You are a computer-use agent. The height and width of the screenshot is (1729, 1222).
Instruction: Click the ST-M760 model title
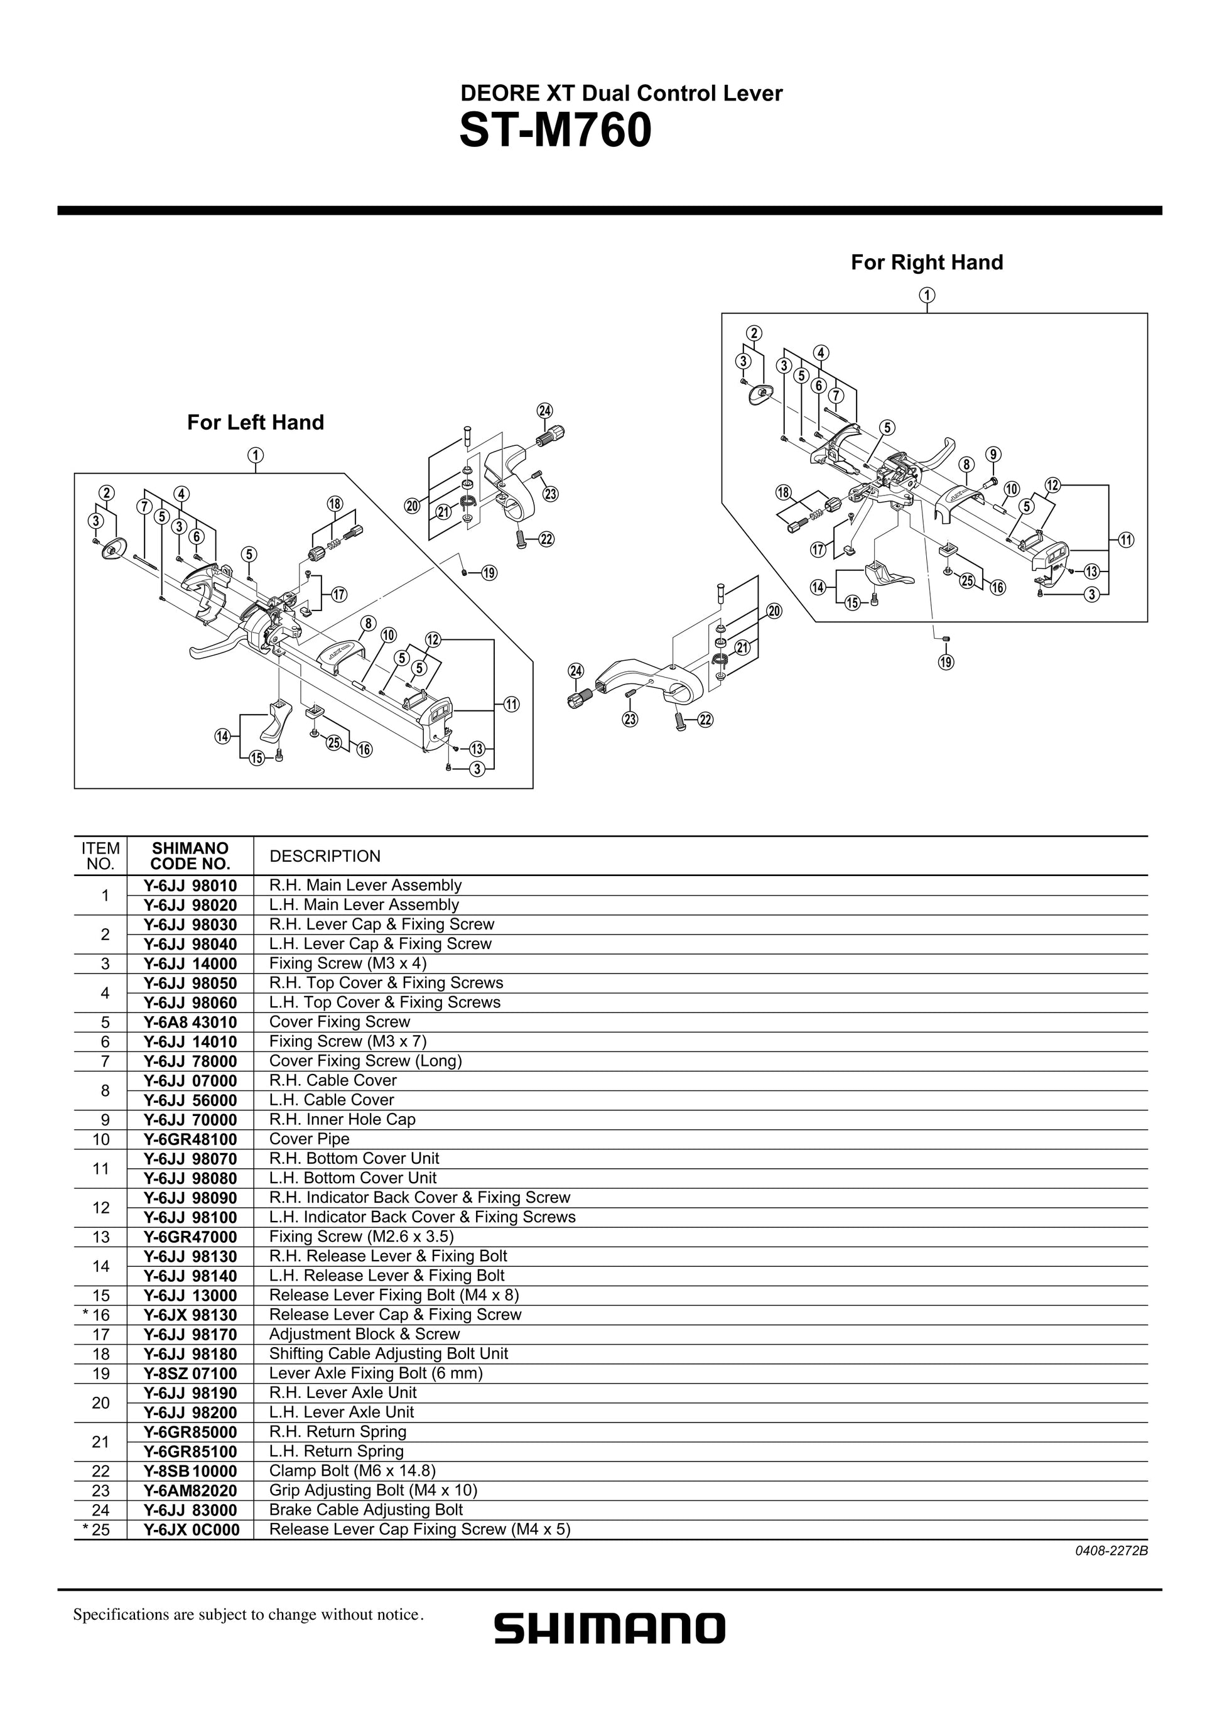tap(555, 131)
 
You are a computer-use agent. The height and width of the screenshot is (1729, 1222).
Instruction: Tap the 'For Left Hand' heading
tap(255, 423)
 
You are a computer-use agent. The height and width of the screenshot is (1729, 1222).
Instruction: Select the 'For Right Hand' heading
tap(927, 262)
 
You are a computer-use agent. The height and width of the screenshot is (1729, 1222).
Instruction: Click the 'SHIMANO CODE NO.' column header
tap(190, 856)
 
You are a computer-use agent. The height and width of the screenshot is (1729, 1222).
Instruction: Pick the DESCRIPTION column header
tap(325, 856)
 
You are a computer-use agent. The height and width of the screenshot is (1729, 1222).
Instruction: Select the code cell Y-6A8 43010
tap(190, 1022)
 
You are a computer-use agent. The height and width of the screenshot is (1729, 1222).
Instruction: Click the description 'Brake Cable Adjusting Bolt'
tap(366, 1510)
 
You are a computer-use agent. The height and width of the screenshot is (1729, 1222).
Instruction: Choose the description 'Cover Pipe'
tap(310, 1139)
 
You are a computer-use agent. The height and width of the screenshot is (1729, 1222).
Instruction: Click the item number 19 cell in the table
tap(101, 1374)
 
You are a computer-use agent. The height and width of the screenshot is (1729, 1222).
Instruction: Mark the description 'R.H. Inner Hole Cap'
tap(343, 1119)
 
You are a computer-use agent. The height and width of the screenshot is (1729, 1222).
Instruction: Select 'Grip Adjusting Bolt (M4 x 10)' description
tap(374, 1490)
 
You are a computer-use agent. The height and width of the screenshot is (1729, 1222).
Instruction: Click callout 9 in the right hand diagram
tap(994, 454)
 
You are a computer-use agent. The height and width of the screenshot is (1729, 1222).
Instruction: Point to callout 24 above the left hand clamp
tap(544, 410)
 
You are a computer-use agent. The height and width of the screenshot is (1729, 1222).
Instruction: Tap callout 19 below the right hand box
tap(946, 662)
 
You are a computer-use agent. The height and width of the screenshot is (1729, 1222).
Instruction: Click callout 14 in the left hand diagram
tap(222, 737)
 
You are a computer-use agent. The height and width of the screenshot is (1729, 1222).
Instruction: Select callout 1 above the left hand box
tap(256, 455)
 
